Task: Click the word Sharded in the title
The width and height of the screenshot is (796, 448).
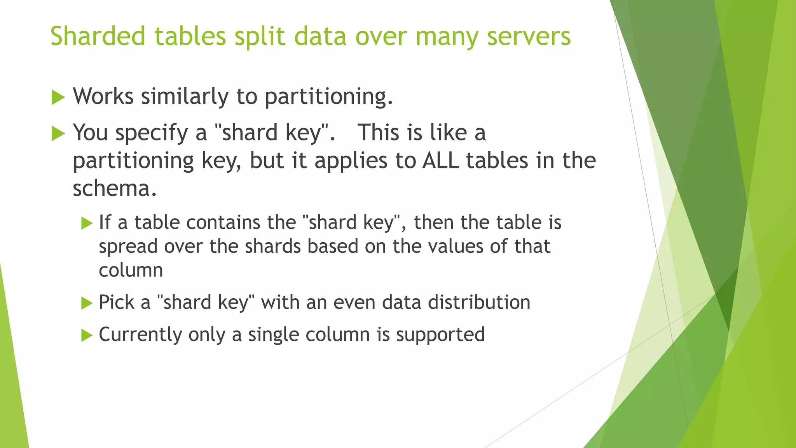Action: pos(98,36)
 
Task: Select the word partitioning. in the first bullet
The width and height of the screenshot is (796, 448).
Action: pos(329,96)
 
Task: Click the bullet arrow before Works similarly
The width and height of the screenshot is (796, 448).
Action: pos(58,97)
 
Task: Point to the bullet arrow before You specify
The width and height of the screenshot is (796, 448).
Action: pos(58,134)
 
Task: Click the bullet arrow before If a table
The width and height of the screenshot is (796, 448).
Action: pos(87,223)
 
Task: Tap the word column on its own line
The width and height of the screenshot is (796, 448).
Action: pos(131,270)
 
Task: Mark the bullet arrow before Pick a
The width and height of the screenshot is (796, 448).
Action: pos(87,303)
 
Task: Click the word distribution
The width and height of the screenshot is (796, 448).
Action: pos(479,302)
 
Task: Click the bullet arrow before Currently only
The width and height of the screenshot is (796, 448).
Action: pos(87,335)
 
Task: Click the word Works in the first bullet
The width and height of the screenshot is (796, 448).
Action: pos(103,96)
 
